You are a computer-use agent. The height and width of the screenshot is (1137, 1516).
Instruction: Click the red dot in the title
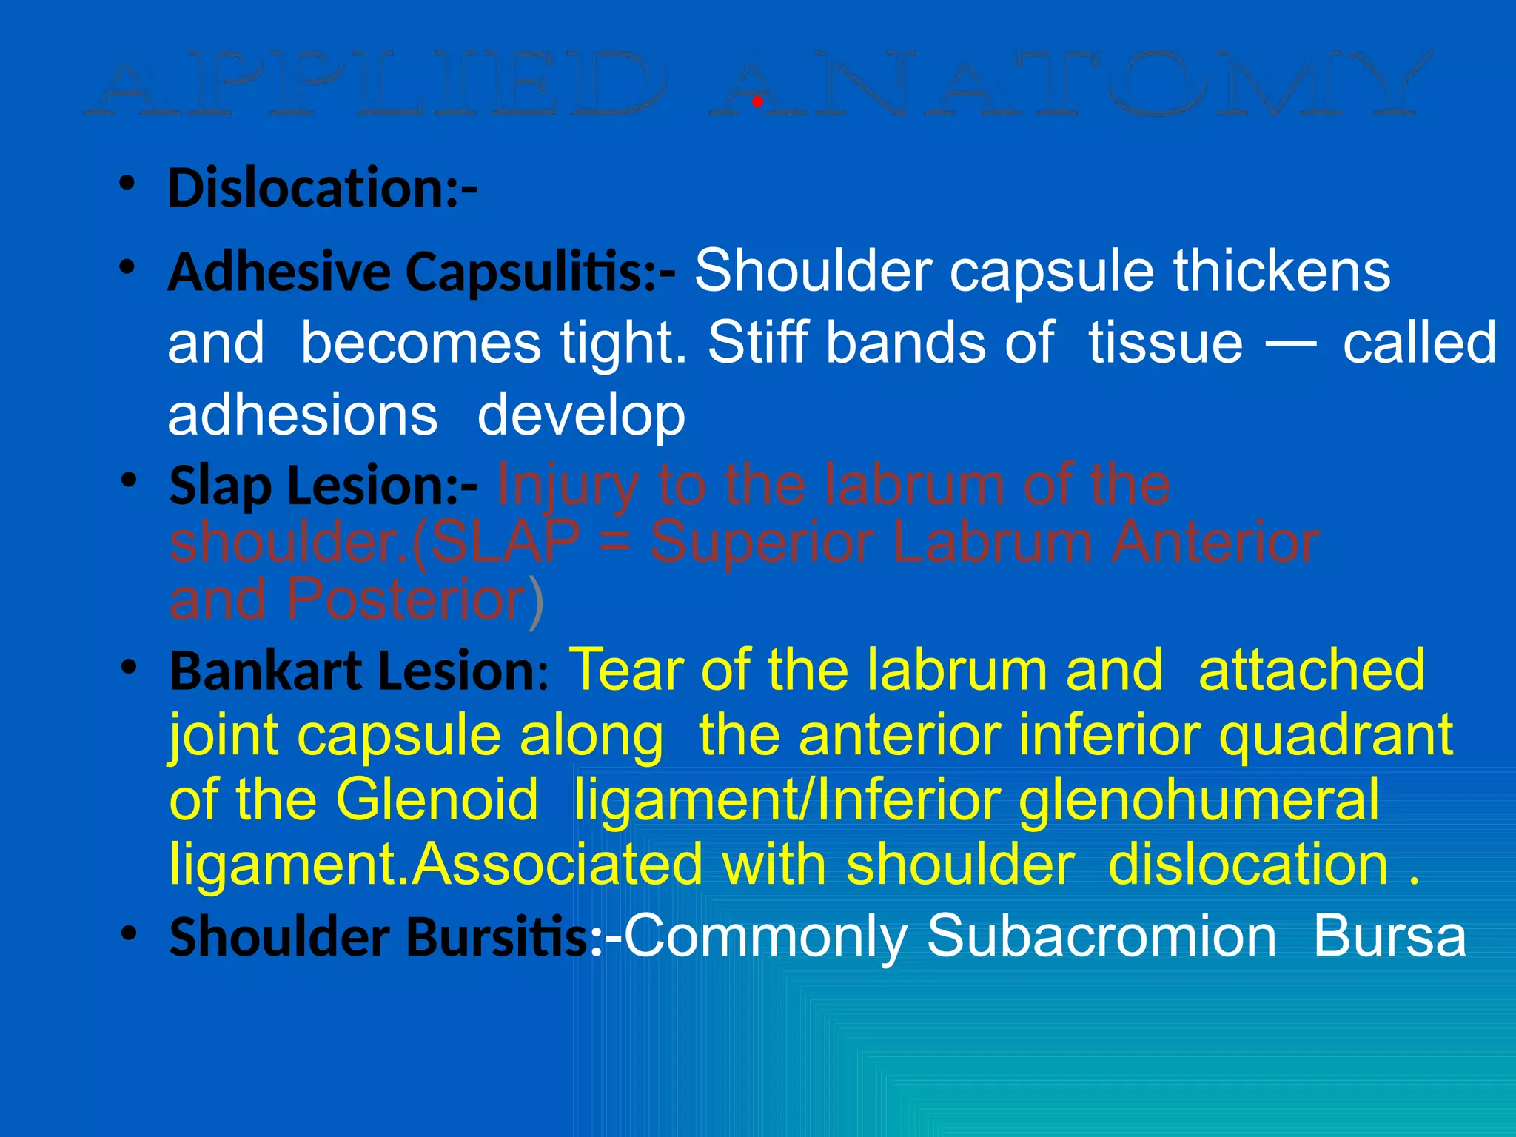(x=757, y=102)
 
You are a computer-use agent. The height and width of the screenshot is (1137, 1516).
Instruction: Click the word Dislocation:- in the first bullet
(x=323, y=188)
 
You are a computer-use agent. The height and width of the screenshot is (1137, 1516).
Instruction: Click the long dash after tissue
(x=1291, y=343)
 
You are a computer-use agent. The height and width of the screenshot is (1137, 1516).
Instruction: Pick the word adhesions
(x=303, y=415)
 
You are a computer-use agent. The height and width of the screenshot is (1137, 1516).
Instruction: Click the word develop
(x=581, y=417)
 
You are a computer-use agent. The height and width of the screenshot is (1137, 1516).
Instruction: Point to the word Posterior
(x=406, y=599)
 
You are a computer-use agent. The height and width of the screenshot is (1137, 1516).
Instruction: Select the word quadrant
(x=1336, y=737)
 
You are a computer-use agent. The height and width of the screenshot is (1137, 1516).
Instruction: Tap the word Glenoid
(x=437, y=800)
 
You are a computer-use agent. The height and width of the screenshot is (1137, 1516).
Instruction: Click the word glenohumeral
(x=1199, y=802)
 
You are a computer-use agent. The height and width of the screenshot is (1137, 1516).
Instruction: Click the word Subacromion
(x=1101, y=937)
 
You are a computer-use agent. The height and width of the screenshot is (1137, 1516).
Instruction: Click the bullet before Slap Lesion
(x=130, y=481)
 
